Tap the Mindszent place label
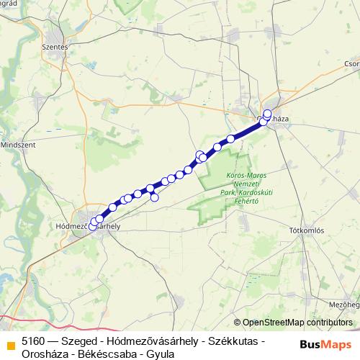19,144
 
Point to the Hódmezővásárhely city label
87,225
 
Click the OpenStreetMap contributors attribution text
298,322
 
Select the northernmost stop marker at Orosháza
268,113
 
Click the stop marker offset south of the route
154,197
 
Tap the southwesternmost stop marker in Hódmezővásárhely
92,227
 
